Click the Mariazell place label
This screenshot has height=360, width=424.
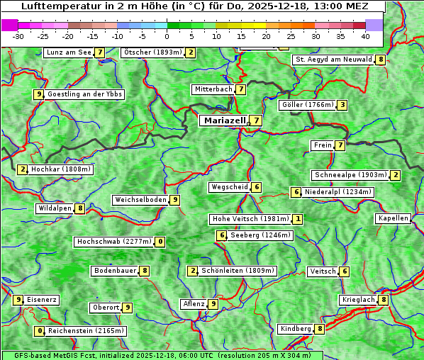pos(224,120)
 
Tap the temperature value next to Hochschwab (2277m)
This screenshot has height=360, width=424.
pos(161,242)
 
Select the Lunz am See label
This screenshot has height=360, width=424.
pos(68,52)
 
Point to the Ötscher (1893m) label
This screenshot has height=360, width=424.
pos(152,52)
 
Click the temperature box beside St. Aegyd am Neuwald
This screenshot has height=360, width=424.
pos(381,60)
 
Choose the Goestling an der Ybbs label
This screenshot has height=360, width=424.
pos(84,94)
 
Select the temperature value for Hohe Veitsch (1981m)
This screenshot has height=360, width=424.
pos(298,219)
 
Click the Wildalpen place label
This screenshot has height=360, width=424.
pos(55,208)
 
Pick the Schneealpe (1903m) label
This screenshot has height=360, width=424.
pos(350,175)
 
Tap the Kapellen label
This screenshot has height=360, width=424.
pos(393,218)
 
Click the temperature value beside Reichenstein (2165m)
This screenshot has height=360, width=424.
pos(40,331)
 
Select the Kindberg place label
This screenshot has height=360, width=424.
pos(295,329)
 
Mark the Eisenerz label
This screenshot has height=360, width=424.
pos(42,300)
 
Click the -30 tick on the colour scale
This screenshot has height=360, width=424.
pos(18,36)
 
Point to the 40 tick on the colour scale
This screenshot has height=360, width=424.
pos(365,36)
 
